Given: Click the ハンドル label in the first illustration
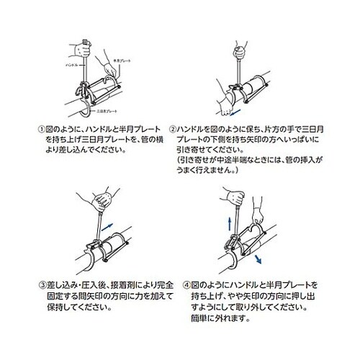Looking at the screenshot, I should coord(71,64).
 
